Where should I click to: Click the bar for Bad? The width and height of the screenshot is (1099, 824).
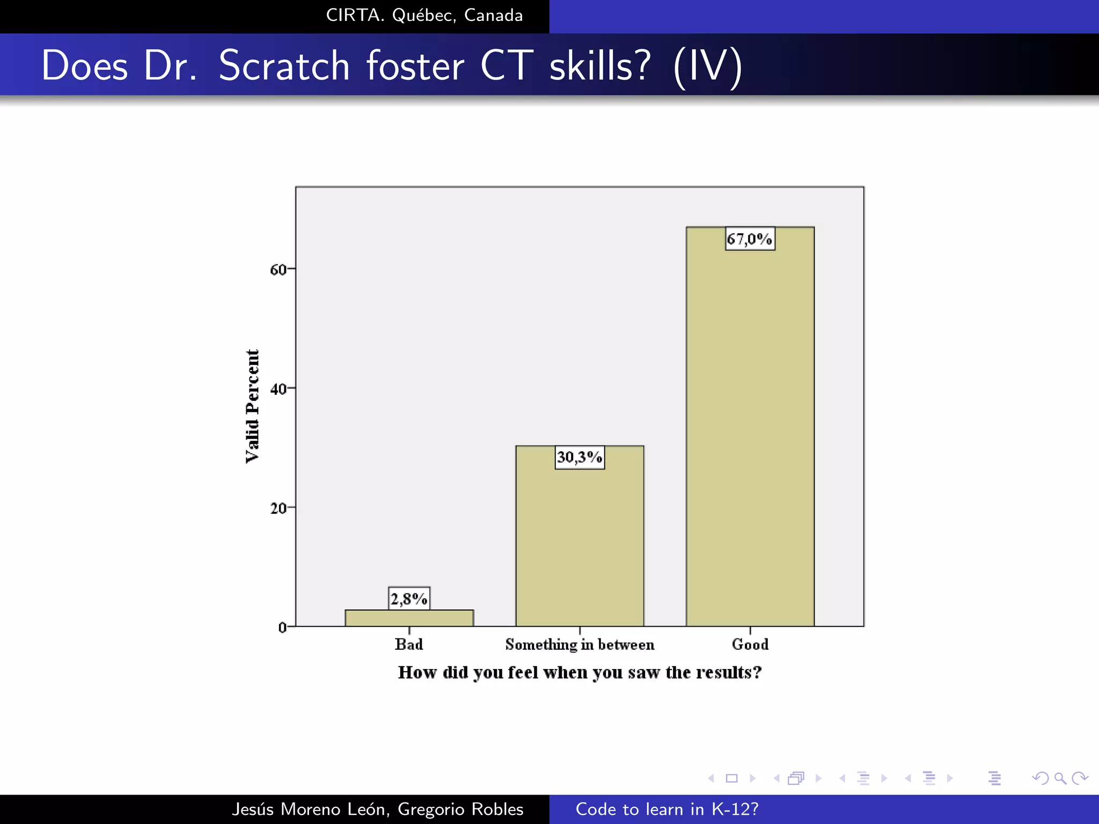click(409, 618)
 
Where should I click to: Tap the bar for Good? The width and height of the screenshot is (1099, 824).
click(750, 429)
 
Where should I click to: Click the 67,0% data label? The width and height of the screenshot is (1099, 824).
click(750, 239)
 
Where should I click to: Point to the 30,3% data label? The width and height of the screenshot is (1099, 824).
click(580, 458)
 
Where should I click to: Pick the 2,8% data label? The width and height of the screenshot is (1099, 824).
click(409, 599)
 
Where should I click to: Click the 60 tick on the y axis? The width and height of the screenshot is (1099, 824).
click(279, 269)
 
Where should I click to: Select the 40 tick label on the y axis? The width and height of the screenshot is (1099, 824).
click(279, 389)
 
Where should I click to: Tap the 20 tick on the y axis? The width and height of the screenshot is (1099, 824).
click(279, 508)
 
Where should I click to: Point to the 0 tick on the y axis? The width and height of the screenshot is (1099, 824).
click(283, 627)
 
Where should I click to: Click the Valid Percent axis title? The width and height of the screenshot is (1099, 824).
click(252, 406)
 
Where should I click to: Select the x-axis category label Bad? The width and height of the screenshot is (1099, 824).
click(409, 644)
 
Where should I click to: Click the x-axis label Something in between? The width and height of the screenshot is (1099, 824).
click(580, 644)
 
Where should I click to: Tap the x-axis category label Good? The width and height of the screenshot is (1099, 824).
click(750, 644)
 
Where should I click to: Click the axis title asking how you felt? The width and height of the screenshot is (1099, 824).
click(580, 673)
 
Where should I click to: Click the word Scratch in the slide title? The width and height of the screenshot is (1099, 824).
click(284, 66)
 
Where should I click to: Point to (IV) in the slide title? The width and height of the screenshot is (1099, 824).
click(708, 66)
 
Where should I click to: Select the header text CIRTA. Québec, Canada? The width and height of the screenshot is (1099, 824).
click(424, 16)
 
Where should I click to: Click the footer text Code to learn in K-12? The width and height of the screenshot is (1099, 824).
click(667, 809)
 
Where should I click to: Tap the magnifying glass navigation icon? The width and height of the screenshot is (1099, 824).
click(1060, 778)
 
